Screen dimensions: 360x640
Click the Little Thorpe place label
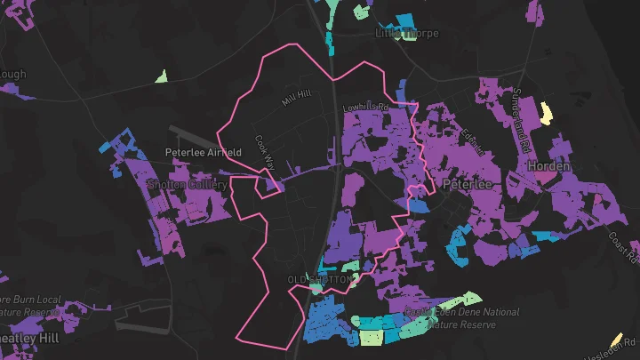pyautogui.click(x=401, y=34)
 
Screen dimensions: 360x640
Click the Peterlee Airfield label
pyautogui.click(x=204, y=152)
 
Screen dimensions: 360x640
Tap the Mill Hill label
pyautogui.click(x=297, y=97)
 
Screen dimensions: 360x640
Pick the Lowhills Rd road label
pyautogui.click(x=366, y=108)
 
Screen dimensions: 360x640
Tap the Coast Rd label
pyautogui.click(x=623, y=248)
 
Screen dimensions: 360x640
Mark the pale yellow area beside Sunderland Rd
pyautogui.click(x=544, y=113)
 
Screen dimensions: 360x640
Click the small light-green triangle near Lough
pyautogui.click(x=161, y=76)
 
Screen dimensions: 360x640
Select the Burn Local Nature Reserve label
pyautogui.click(x=30, y=306)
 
